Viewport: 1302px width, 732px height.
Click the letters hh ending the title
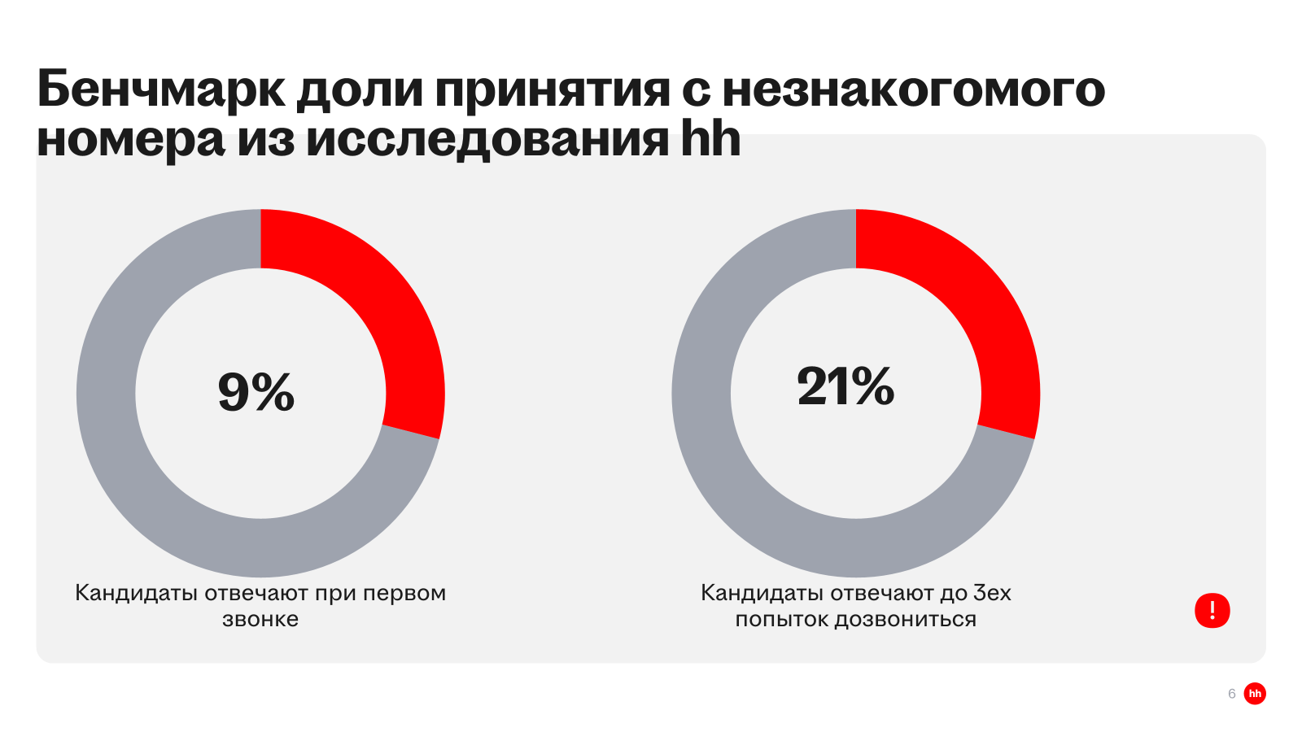pyautogui.click(x=710, y=138)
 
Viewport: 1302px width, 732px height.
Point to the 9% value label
pyautogui.click(x=256, y=393)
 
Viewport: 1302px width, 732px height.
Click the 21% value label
pyautogui.click(x=845, y=386)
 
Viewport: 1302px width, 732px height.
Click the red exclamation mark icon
pyautogui.click(x=1212, y=610)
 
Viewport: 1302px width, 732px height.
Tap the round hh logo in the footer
pyautogui.click(x=1255, y=694)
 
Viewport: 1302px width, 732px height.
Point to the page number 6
pyautogui.click(x=1232, y=694)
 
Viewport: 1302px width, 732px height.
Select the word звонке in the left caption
pyautogui.click(x=260, y=620)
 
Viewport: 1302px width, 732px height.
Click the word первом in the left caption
pyautogui.click(x=404, y=593)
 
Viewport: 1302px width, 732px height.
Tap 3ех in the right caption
pyautogui.click(x=992, y=593)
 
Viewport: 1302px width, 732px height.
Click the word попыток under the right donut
pyautogui.click(x=781, y=620)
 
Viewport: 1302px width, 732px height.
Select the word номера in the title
pyautogui.click(x=131, y=138)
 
